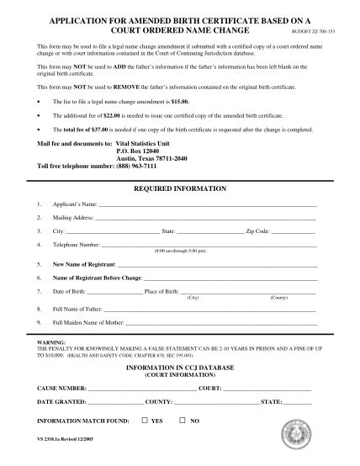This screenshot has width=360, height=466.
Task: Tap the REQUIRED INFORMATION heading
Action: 180,188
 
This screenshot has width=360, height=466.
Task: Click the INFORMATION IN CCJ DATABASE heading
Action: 180,368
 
